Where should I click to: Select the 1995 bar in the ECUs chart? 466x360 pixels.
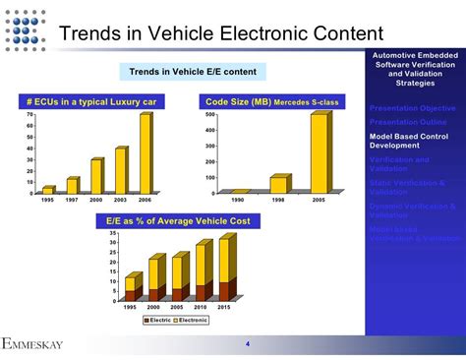pyautogui.click(x=47, y=189)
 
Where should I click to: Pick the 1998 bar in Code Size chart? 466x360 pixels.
pyautogui.click(x=278, y=185)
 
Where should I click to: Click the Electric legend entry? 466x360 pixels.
pyautogui.click(x=161, y=321)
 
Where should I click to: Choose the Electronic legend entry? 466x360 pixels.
pyautogui.click(x=193, y=321)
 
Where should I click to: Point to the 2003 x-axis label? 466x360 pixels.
pyautogui.click(x=121, y=200)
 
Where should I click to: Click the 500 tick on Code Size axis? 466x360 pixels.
pyautogui.click(x=209, y=115)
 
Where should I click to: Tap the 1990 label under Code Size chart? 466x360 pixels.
pyautogui.click(x=238, y=200)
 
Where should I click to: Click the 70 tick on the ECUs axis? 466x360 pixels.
pyautogui.click(x=29, y=115)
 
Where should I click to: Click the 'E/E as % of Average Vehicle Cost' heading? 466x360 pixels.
pyautogui.click(x=179, y=221)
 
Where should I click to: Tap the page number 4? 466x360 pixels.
pyautogui.click(x=247, y=343)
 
